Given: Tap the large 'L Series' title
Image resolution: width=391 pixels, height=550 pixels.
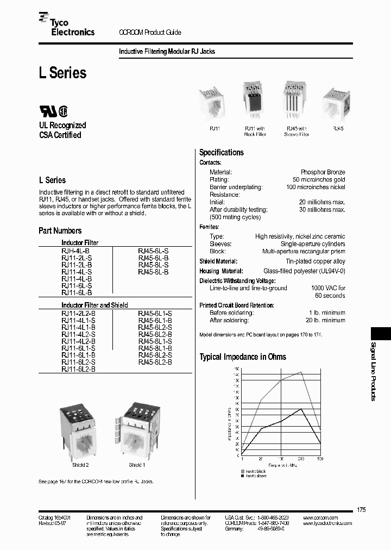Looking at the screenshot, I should [62, 73].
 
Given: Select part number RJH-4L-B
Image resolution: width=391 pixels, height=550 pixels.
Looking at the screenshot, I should [75, 250].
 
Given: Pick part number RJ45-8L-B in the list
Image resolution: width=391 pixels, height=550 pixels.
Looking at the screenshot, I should [154, 271].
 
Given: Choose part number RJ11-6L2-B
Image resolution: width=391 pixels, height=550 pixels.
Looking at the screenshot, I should [79, 369].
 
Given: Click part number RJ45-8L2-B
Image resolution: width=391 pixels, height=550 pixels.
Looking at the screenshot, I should [155, 362].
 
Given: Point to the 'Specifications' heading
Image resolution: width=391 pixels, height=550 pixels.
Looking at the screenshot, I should [221, 153].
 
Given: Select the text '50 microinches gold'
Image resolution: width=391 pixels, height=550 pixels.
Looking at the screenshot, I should [319, 180].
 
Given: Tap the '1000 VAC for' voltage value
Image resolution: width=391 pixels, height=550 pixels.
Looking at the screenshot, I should [328, 288].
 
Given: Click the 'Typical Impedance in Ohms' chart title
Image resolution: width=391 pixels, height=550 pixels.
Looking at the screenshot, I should [243, 357].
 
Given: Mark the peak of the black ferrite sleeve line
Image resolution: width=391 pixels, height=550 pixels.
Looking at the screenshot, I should [301, 409].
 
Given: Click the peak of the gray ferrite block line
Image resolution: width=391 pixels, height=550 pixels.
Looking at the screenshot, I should [301, 372].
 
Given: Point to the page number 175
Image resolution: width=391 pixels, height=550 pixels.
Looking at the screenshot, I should [362, 509].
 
